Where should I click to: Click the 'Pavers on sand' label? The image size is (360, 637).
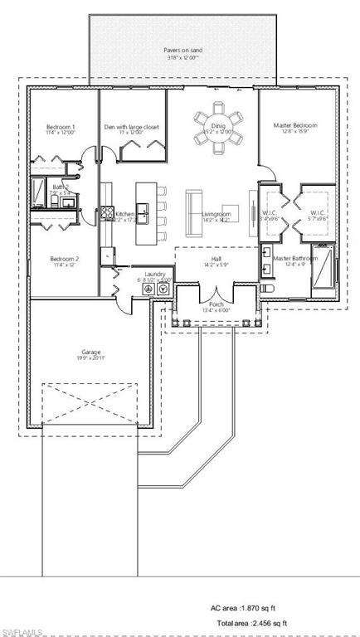182,50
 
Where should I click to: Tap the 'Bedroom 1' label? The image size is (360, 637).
61,127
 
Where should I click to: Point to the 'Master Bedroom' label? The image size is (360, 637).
295,126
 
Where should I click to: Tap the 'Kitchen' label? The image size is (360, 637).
125,213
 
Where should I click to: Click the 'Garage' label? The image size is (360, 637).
91,352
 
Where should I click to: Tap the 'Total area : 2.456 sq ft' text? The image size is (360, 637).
252,623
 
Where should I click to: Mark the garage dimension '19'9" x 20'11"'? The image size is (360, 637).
91,360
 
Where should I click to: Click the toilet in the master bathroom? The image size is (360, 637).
266,287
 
